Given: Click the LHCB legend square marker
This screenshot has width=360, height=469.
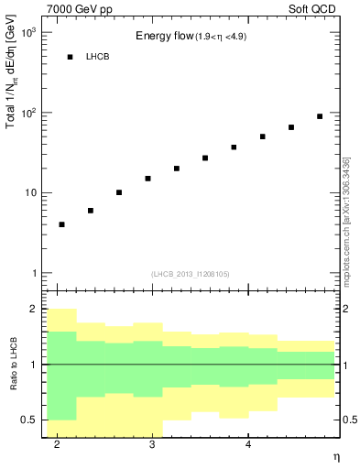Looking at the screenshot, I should [x=70, y=57].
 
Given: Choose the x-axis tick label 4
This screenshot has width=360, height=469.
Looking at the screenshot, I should [x=249, y=444].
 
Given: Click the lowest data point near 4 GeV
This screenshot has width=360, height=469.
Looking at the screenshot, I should [x=61, y=224].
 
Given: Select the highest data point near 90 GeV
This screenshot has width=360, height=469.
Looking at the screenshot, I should [x=320, y=116].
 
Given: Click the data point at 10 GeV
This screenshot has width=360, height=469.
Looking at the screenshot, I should [x=119, y=192].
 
